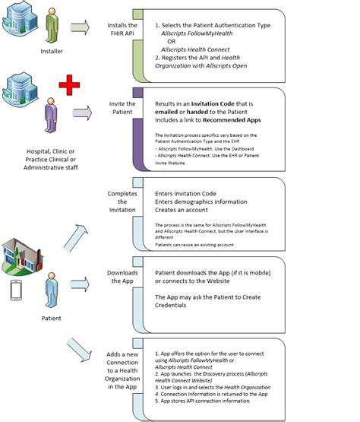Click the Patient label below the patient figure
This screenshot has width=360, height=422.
(50, 318)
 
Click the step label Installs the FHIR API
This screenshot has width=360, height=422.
(122, 30)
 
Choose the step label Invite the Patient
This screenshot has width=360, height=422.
(122, 108)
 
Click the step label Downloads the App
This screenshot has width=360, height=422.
(122, 277)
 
